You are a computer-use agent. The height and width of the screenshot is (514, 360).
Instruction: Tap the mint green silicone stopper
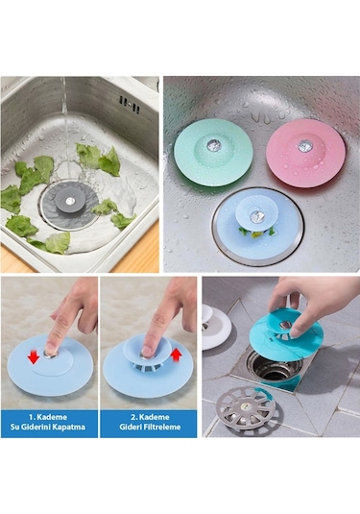point(212,151)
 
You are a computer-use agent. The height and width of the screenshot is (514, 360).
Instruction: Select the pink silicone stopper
point(304,150)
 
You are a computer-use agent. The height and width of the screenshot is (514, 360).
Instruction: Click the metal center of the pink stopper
point(305,146)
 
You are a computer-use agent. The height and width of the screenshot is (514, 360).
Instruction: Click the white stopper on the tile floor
point(216,327)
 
